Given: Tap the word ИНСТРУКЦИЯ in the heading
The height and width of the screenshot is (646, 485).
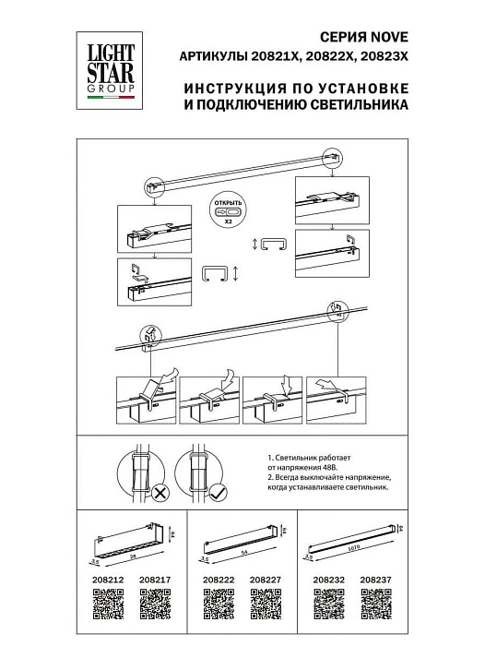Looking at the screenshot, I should pyautogui.click(x=232, y=90).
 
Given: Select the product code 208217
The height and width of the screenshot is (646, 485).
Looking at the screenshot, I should pyautogui.click(x=153, y=580).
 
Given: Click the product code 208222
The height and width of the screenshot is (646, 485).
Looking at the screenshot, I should pyautogui.click(x=216, y=580).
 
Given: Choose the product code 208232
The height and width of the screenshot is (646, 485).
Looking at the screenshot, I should pyautogui.click(x=328, y=580).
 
